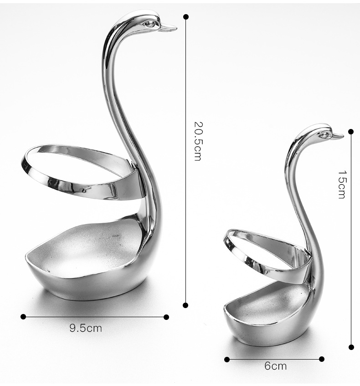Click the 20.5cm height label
(198, 141)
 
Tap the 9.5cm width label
(86, 328)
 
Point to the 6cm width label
(276, 366)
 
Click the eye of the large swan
(149, 24)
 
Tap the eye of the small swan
(323, 134)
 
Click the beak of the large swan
(168, 27)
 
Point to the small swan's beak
(338, 136)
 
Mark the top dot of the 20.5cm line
(186, 17)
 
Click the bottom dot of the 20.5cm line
(185, 305)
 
